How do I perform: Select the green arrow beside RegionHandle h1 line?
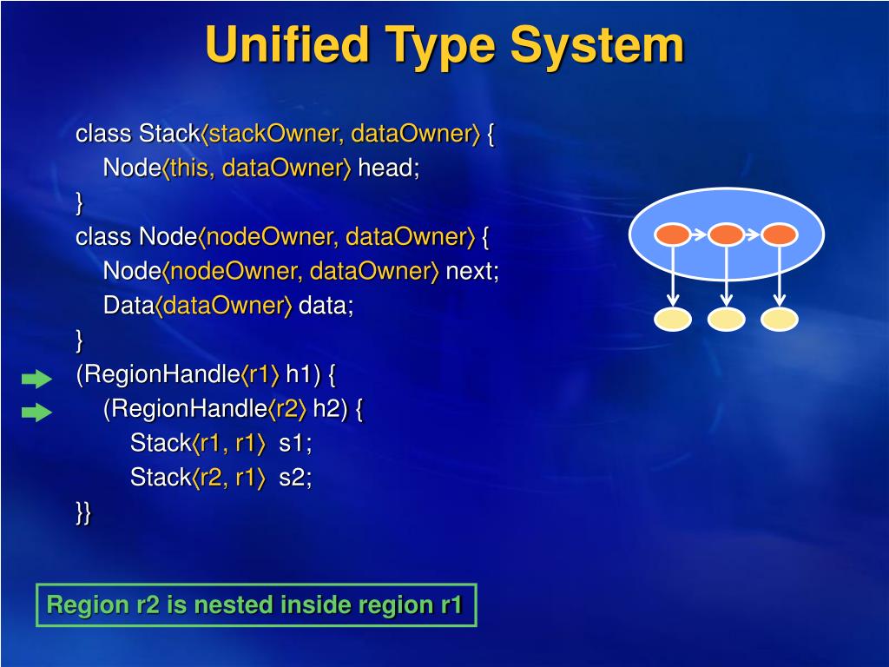click(36, 378)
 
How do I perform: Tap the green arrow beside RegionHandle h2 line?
click(36, 413)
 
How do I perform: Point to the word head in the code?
click(385, 168)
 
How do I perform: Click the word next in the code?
click(470, 271)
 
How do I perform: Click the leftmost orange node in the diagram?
click(672, 234)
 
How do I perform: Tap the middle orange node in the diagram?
click(726, 234)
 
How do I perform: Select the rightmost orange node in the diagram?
click(780, 234)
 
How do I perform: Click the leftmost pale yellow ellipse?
click(673, 320)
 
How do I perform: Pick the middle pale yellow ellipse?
click(727, 320)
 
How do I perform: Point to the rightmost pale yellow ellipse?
click(780, 320)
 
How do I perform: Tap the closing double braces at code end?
click(83, 512)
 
